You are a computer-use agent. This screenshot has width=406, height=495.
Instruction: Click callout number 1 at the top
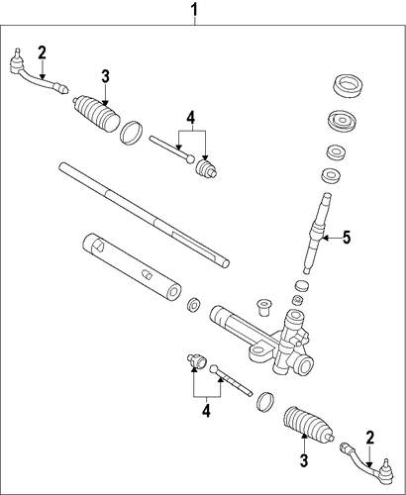click(x=195, y=10)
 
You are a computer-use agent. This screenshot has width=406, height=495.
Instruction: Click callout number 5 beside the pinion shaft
click(x=347, y=238)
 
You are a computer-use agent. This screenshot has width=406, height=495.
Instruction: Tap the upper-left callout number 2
click(x=42, y=53)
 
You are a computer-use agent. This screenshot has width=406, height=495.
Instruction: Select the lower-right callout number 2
click(x=370, y=438)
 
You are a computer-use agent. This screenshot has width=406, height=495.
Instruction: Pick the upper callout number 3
click(x=105, y=76)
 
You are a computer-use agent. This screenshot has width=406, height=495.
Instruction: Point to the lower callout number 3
click(x=304, y=460)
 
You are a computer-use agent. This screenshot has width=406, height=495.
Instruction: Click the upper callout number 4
click(x=191, y=118)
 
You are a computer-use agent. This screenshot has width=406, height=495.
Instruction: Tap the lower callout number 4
click(x=206, y=411)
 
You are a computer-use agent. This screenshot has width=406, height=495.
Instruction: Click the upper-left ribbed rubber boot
click(x=96, y=113)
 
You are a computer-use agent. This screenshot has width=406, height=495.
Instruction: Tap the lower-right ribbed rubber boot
click(x=308, y=424)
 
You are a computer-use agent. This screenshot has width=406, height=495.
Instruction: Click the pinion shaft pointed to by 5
click(x=316, y=233)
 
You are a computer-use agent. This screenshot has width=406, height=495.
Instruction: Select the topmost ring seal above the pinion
click(x=348, y=86)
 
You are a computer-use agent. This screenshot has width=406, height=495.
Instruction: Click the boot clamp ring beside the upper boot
click(x=131, y=134)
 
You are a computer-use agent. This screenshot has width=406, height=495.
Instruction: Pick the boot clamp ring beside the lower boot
click(x=265, y=402)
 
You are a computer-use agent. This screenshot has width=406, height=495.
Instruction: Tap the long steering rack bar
click(x=144, y=215)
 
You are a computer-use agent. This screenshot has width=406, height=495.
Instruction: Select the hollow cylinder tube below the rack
click(x=131, y=267)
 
